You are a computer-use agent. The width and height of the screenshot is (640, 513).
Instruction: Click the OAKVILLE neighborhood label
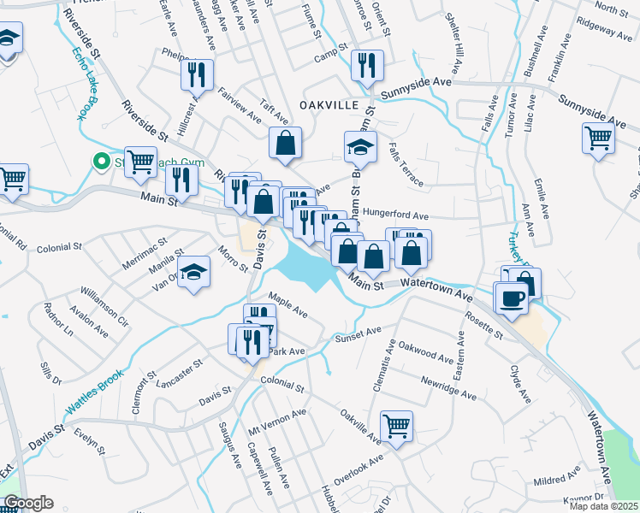(329, 104)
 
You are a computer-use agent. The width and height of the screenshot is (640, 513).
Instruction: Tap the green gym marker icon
(101, 162)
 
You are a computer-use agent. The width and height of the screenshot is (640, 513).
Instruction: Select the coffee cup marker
(513, 298)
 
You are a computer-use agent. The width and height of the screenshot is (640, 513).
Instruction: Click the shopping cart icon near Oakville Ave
(396, 425)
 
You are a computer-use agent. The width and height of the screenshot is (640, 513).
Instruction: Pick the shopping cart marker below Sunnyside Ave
(599, 137)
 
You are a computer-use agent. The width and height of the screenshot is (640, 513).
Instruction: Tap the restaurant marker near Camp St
(367, 65)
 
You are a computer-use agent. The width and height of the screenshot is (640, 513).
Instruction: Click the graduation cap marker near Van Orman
(194, 272)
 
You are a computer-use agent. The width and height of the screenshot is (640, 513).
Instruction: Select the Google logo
(28, 503)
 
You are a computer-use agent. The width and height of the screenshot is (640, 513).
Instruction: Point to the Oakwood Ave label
(425, 353)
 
